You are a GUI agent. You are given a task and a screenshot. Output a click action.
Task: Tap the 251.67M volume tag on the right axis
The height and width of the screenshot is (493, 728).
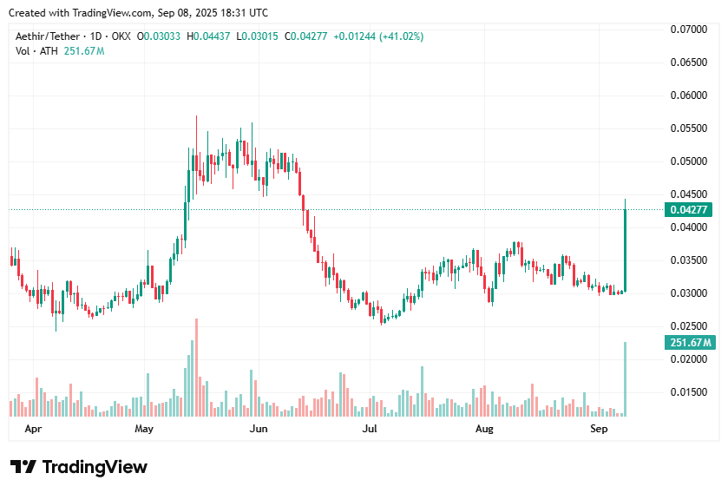689,342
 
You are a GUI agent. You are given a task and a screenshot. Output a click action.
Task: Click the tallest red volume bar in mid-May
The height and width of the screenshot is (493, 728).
197,369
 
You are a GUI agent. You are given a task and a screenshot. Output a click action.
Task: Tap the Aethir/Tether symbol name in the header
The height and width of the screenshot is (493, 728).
49,36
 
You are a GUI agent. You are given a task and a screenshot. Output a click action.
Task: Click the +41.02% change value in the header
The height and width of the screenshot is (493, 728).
401,36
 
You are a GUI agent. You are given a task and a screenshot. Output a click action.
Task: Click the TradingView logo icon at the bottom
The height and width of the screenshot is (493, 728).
23,467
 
